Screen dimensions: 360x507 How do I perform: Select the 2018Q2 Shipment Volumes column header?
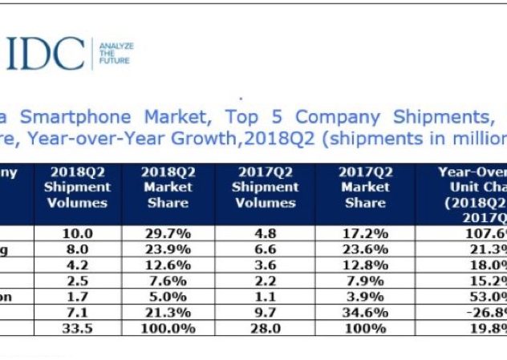click(x=78, y=188)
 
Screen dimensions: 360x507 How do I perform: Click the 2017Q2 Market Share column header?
click(x=365, y=188)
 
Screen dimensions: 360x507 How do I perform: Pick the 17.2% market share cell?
click(x=365, y=233)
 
